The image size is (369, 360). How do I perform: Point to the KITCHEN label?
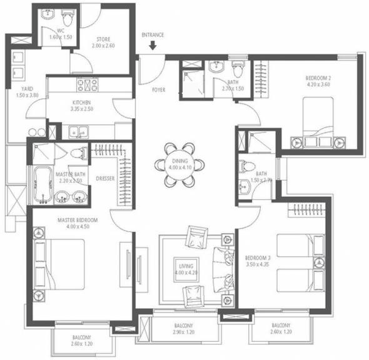pyautogui.click(x=83, y=102)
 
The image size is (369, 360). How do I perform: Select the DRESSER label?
pyautogui.click(x=104, y=178)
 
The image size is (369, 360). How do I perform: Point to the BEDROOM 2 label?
pyautogui.click(x=318, y=78)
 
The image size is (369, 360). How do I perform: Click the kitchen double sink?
pyautogui.click(x=79, y=131)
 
